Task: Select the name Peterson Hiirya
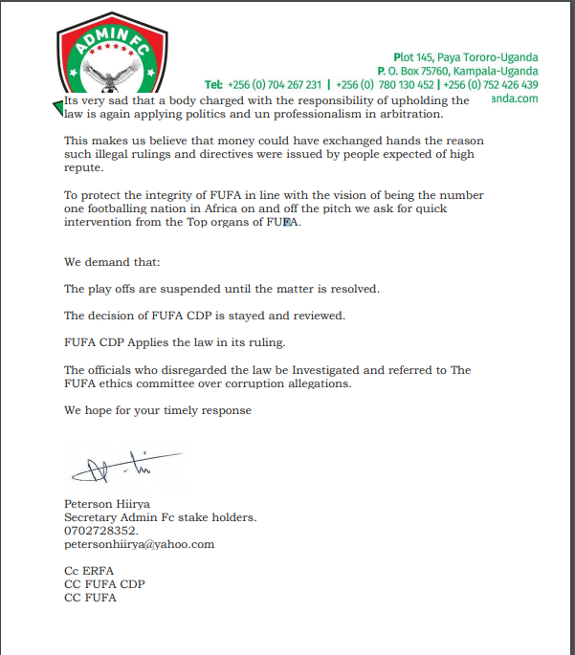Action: (106, 503)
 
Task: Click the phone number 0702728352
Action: (101, 531)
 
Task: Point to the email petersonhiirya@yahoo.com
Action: (139, 544)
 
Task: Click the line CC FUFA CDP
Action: (103, 584)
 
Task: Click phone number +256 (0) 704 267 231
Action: (275, 84)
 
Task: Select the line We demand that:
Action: (106, 261)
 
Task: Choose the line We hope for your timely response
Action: (158, 410)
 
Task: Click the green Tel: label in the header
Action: (213, 84)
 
